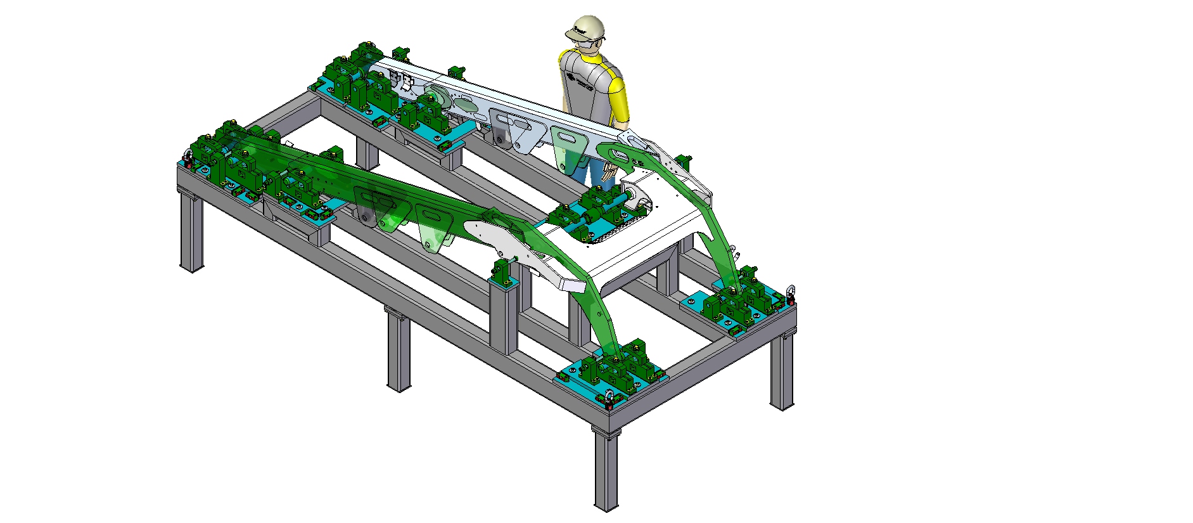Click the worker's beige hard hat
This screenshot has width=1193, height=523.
pyautogui.click(x=587, y=27)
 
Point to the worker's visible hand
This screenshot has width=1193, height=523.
pyautogui.click(x=609, y=171)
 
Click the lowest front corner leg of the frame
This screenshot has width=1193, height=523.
pyautogui.click(x=606, y=469)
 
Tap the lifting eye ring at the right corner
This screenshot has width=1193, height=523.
pyautogui.click(x=791, y=294)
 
